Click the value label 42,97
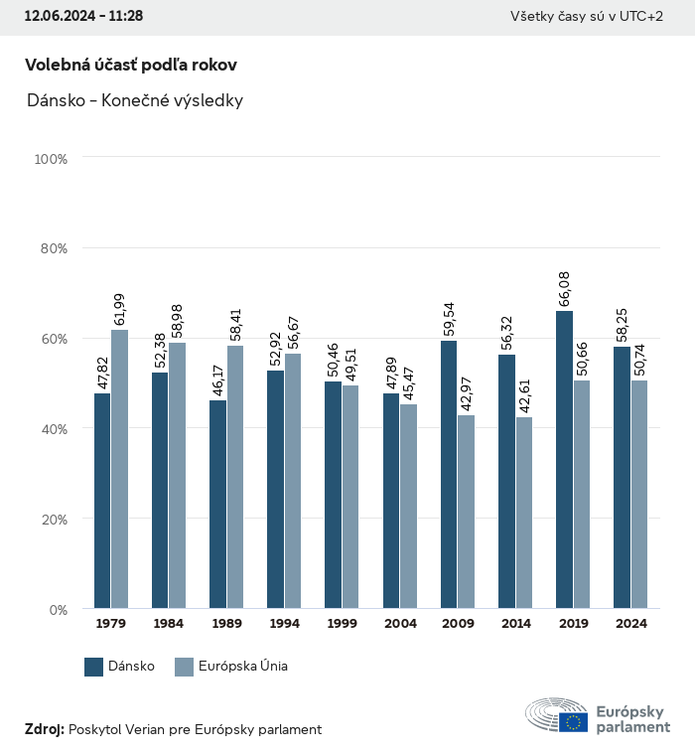coord(467,389)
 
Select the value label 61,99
coord(119,304)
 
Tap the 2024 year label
coord(630,624)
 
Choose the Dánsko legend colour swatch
coord(94,667)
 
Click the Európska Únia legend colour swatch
coord(183,667)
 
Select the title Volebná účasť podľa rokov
coord(130,65)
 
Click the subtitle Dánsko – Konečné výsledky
coord(135,100)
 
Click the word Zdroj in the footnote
coord(45,729)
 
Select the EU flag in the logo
coord(573,722)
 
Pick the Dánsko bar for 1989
coord(217,505)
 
